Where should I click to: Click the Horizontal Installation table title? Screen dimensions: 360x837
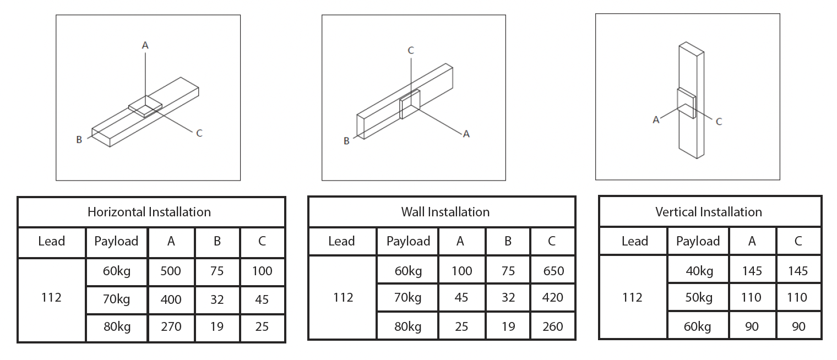coord(149,212)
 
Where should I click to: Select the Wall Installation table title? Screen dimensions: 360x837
coord(445,212)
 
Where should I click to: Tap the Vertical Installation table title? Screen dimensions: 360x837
coord(709,212)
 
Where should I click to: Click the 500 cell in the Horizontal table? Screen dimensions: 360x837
coord(171,271)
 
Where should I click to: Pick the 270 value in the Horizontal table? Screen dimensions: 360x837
coord(171,326)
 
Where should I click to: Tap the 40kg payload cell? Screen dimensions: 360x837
coord(699,271)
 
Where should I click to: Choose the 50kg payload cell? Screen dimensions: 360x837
coord(699,298)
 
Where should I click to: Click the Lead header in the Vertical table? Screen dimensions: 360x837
coord(634,241)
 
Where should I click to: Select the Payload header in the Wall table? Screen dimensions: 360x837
coord(408,241)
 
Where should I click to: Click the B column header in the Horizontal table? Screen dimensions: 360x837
coord(217,241)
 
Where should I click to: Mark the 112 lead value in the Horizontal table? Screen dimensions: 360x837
coord(51,298)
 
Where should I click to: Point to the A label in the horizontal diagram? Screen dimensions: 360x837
coord(145,46)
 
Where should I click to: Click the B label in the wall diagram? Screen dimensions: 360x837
coord(346,141)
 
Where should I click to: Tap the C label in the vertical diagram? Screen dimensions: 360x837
coord(719,122)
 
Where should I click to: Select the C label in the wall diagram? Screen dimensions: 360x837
coord(411,51)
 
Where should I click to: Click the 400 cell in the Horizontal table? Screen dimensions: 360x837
coord(171,299)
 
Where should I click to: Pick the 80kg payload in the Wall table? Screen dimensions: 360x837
coord(408,326)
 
